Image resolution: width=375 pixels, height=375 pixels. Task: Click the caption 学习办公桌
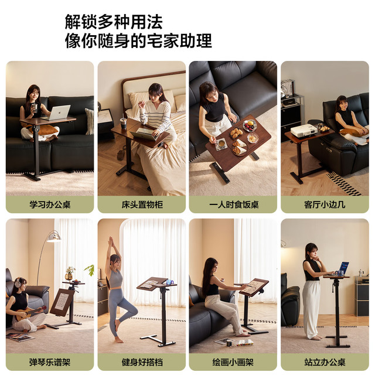click(x=50, y=204)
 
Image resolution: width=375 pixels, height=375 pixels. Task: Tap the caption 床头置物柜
click(x=142, y=204)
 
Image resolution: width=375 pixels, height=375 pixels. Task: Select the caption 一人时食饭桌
click(x=234, y=204)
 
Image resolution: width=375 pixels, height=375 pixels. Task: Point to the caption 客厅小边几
click(x=325, y=204)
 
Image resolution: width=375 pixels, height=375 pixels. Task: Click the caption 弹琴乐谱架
click(x=50, y=362)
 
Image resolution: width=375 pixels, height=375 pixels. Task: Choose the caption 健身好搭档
click(x=142, y=362)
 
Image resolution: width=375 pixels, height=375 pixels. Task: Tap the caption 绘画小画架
click(x=233, y=362)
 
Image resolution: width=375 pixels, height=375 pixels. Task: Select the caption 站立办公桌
click(x=325, y=362)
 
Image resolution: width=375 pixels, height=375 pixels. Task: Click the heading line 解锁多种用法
click(x=114, y=22)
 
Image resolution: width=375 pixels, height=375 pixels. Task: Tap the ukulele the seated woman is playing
click(x=30, y=312)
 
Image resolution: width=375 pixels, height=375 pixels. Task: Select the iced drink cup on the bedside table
click(x=124, y=123)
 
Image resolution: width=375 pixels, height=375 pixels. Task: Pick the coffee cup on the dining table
click(x=221, y=143)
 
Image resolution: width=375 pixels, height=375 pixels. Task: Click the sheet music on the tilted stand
click(x=62, y=301)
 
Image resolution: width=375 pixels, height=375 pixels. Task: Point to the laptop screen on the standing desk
click(x=343, y=267)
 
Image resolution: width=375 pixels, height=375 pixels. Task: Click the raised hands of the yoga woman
click(x=111, y=241)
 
